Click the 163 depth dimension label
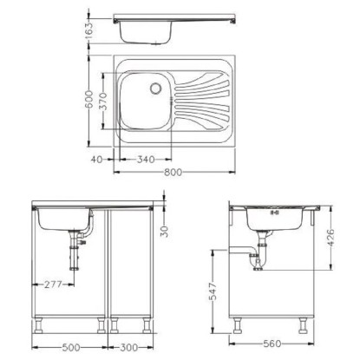[90, 30]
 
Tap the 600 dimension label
[89, 100]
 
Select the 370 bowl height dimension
[104, 101]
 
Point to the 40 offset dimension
[97, 160]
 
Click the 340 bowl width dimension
[146, 160]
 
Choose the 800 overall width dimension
[173, 173]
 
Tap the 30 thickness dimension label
[164, 232]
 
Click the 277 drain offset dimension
[54, 285]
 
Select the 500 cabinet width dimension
[71, 347]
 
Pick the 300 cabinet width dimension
[129, 347]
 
